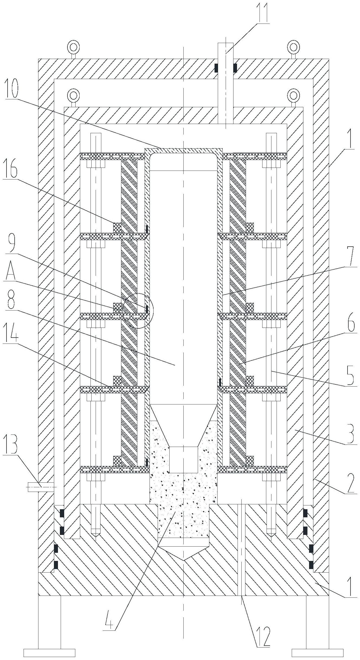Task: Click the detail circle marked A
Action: click(x=138, y=311)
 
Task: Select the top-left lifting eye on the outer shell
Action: click(x=73, y=47)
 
